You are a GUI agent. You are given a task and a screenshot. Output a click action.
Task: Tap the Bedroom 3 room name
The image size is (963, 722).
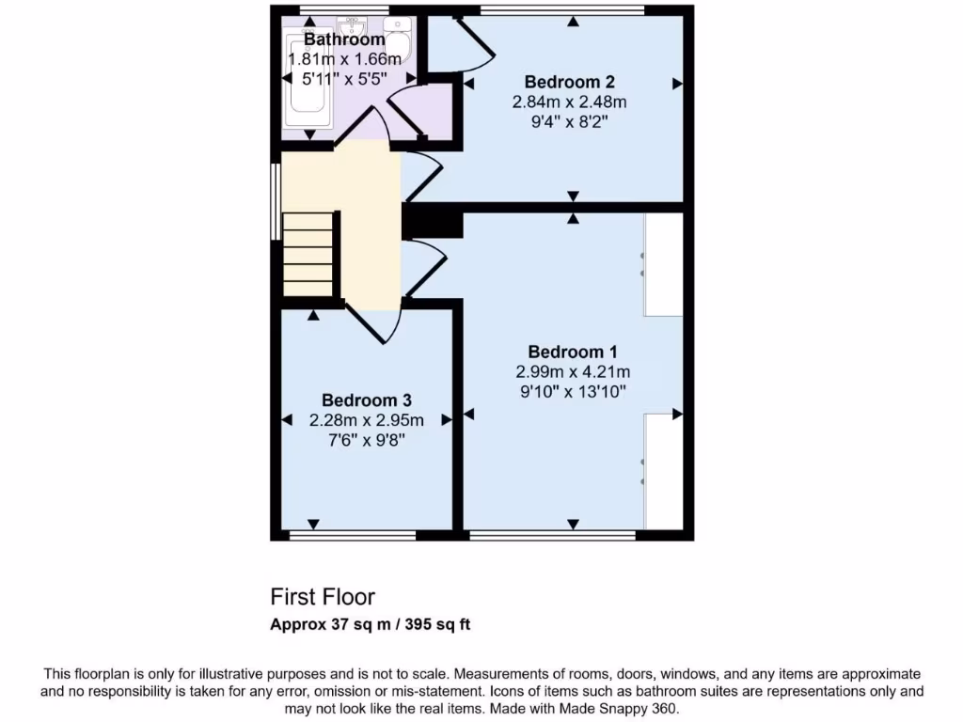click(366, 400)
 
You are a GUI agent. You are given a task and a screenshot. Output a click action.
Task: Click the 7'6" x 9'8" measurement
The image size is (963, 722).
click(366, 439)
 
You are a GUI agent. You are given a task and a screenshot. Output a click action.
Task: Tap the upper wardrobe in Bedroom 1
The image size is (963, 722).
click(664, 264)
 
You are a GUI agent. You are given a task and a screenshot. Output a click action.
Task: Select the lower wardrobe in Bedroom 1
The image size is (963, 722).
click(664, 472)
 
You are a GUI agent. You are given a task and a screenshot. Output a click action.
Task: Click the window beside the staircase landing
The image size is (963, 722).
click(276, 202)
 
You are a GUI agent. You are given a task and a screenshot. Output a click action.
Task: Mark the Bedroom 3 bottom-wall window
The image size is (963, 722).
click(352, 536)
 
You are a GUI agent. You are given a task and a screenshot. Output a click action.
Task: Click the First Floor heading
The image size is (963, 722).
click(323, 597)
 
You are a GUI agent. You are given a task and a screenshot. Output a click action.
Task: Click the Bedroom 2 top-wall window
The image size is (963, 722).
click(561, 10)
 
